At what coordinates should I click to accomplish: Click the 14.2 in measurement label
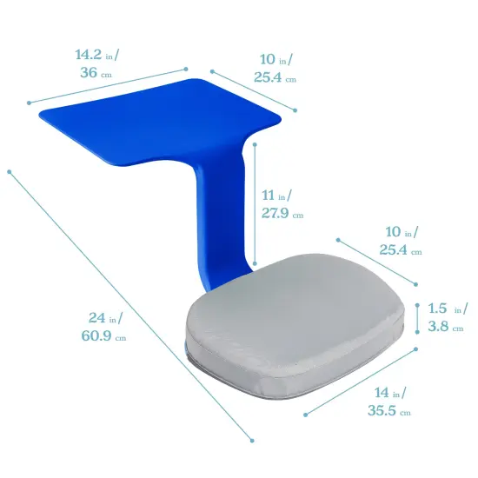coord(96,55)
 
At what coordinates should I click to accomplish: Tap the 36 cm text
coord(96,73)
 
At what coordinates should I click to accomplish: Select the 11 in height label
coord(277,195)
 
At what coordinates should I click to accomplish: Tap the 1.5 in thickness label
coord(447,309)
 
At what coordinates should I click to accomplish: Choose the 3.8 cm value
coord(444,327)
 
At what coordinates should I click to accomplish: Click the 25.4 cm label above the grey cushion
coord(400,250)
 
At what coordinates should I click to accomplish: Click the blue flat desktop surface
coord(165,122)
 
